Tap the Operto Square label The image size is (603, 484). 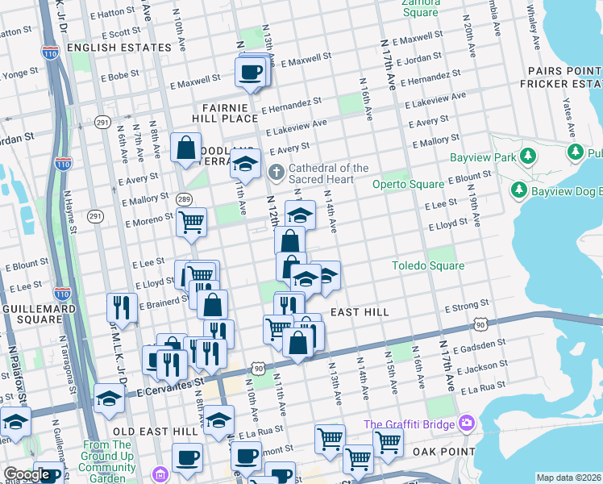[x=408, y=184]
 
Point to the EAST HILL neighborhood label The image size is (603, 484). [x=360, y=312]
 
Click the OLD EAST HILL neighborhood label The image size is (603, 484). [x=161, y=432]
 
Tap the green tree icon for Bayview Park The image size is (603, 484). [x=529, y=154]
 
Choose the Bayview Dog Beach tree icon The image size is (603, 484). [x=518, y=190]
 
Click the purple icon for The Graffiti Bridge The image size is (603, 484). [x=465, y=423]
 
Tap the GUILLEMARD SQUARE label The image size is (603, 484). [x=32, y=314]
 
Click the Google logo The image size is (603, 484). [x=26, y=474]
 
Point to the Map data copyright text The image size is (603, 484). [x=568, y=478]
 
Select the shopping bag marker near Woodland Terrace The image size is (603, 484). [x=185, y=148]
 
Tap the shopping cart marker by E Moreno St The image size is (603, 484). [x=192, y=222]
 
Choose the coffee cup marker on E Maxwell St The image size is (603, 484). [x=250, y=72]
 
